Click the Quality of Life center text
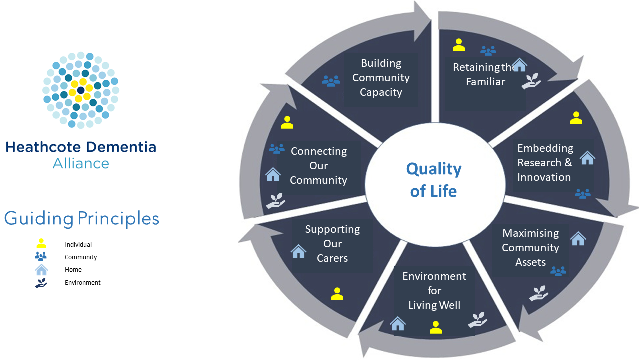coord(434,180)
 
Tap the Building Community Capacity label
coord(381,78)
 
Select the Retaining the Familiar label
coord(483,74)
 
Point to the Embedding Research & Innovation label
coord(545,163)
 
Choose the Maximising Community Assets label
coord(530,248)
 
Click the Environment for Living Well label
coord(434,291)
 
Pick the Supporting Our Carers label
coord(332,244)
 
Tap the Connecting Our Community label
coord(319,166)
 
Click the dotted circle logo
coord(81,90)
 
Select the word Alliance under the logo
coord(81,163)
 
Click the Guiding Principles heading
coord(82,219)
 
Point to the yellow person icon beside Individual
coord(41,244)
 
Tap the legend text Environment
coord(83,283)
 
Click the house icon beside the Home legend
coord(41,270)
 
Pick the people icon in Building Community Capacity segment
coord(331,81)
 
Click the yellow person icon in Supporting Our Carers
coord(337,294)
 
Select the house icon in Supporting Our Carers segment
coord(298,251)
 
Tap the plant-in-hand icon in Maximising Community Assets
coord(538,293)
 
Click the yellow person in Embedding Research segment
coord(576,118)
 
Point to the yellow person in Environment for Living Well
coord(436,327)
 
